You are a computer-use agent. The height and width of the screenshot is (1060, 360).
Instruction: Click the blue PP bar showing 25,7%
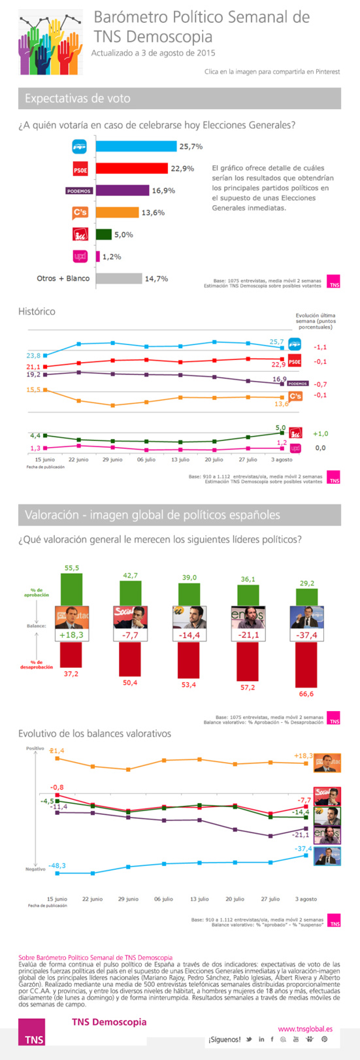click(136, 146)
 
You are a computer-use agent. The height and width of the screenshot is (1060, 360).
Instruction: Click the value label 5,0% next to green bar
click(124, 235)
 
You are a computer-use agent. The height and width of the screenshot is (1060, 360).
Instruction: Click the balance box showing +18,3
click(72, 635)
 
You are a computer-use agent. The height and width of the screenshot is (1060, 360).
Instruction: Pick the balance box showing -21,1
click(248, 635)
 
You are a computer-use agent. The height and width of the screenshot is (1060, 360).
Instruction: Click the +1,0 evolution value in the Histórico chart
click(320, 433)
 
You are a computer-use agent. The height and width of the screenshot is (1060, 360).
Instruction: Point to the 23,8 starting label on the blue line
click(33, 356)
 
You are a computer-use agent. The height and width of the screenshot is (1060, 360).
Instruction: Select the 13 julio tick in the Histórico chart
click(180, 460)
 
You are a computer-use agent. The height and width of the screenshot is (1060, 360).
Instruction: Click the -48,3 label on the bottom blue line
click(56, 866)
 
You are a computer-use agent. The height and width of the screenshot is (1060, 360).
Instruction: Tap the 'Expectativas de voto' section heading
click(78, 99)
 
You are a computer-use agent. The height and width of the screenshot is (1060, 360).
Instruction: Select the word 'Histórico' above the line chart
click(37, 312)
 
